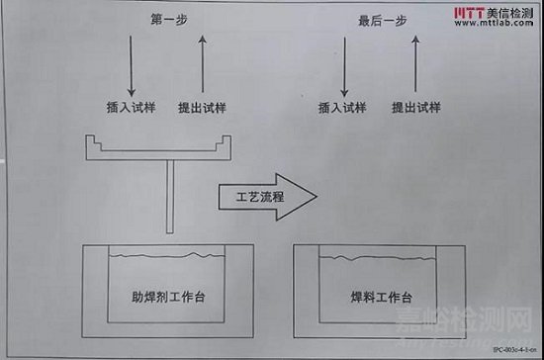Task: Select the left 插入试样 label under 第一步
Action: [x=129, y=106]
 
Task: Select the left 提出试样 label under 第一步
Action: [x=202, y=106]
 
